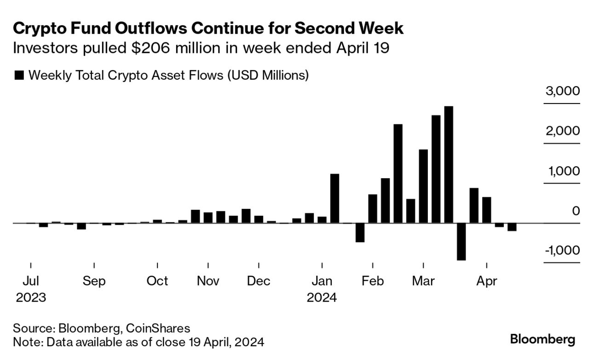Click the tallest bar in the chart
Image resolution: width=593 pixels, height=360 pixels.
(x=449, y=164)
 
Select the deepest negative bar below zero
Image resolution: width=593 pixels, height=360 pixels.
(x=461, y=241)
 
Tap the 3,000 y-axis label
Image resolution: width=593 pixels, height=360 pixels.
(x=562, y=91)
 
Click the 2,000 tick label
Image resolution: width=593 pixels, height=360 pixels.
(x=562, y=131)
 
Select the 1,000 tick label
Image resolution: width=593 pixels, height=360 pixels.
(x=562, y=171)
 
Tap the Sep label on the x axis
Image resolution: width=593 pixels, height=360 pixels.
(x=94, y=281)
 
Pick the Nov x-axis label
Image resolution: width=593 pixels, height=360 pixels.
(x=208, y=281)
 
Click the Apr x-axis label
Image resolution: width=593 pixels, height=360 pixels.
(x=486, y=281)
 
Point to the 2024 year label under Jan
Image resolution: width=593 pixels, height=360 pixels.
(x=322, y=298)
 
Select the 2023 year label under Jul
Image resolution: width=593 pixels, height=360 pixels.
(x=31, y=298)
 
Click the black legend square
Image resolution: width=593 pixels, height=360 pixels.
(x=19, y=75)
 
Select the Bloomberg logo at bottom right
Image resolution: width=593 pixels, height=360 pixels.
(x=542, y=340)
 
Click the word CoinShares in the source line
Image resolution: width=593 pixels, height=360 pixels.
(x=158, y=328)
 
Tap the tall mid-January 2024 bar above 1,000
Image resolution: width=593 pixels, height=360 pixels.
(x=334, y=198)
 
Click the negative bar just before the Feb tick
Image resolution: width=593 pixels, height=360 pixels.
(x=360, y=232)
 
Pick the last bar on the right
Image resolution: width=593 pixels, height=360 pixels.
(x=512, y=227)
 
